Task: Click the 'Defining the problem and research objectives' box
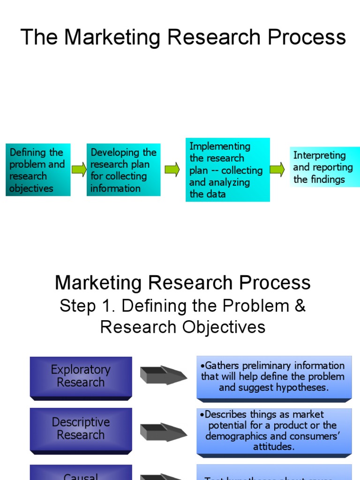click(38, 170)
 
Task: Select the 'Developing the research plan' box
click(123, 170)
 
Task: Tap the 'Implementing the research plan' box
click(227, 170)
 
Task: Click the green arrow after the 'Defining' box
click(79, 169)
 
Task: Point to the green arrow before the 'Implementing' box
click(172, 169)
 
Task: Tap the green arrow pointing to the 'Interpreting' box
click(277, 169)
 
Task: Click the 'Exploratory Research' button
click(81, 376)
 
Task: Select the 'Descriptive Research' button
click(81, 428)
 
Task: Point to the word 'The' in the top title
click(40, 37)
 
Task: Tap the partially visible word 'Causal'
click(81, 476)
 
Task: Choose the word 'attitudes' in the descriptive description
click(274, 447)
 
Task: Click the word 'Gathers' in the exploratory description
click(222, 366)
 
